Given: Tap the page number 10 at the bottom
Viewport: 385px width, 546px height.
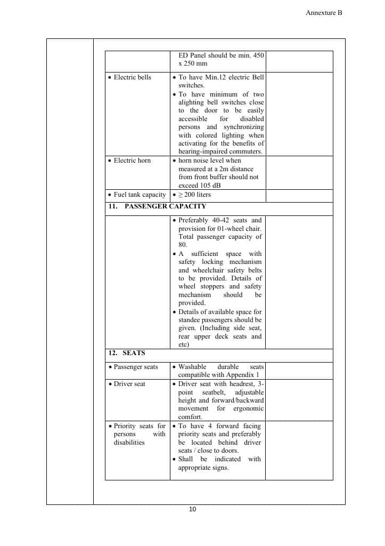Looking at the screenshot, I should point(192,509).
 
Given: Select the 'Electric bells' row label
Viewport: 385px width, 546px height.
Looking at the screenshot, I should point(133,77).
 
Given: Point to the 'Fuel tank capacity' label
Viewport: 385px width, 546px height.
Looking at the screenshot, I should point(140,195).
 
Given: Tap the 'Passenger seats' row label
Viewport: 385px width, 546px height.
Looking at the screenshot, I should point(136,367).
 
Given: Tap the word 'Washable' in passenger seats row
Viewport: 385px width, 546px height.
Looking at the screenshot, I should point(192,367).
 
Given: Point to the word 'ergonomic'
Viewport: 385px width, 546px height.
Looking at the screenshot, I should point(248,408).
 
